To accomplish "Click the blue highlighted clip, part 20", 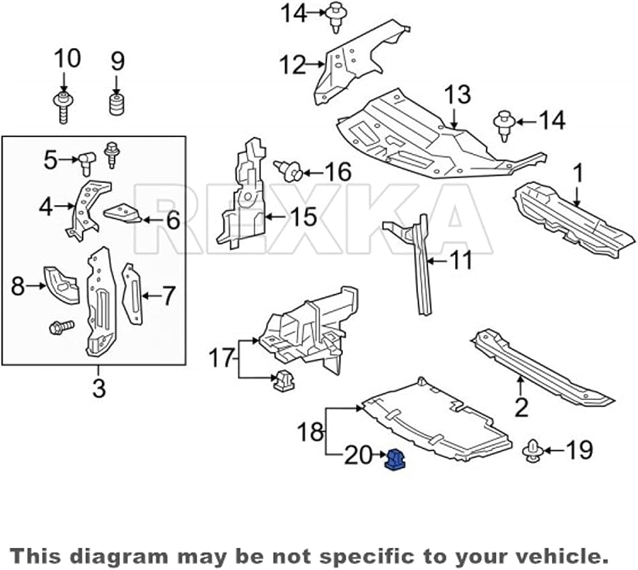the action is pos(394,460).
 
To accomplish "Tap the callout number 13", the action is pos(457,95).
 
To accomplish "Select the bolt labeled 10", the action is pos(63,107).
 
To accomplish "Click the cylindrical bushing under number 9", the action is pos(117,105).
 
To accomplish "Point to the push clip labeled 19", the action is pos(531,451).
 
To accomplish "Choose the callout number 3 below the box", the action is pos(99,387).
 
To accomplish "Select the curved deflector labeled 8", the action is pos(61,285).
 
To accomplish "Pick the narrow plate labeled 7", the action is pos(133,294).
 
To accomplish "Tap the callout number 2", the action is pos(522,407).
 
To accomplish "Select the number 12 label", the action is pos(292,64).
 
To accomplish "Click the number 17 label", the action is pos(221,358).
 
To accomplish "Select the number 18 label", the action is pos(311,431).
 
